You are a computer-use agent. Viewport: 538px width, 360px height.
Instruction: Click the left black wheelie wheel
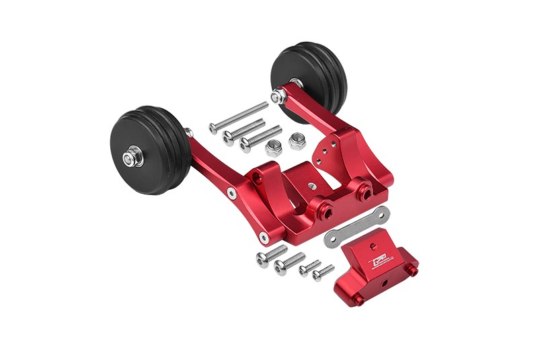(x=149, y=153)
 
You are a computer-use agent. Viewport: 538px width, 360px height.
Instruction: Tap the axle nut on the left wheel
(x=129, y=159)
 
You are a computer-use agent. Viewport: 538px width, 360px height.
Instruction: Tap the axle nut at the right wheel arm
(x=276, y=98)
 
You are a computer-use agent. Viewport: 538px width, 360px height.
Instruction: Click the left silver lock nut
(x=273, y=147)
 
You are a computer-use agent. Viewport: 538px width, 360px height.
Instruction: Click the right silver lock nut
(x=297, y=141)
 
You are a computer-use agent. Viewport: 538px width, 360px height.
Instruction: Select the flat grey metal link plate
(x=356, y=227)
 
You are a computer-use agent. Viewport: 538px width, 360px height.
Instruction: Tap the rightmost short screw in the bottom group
(x=323, y=273)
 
